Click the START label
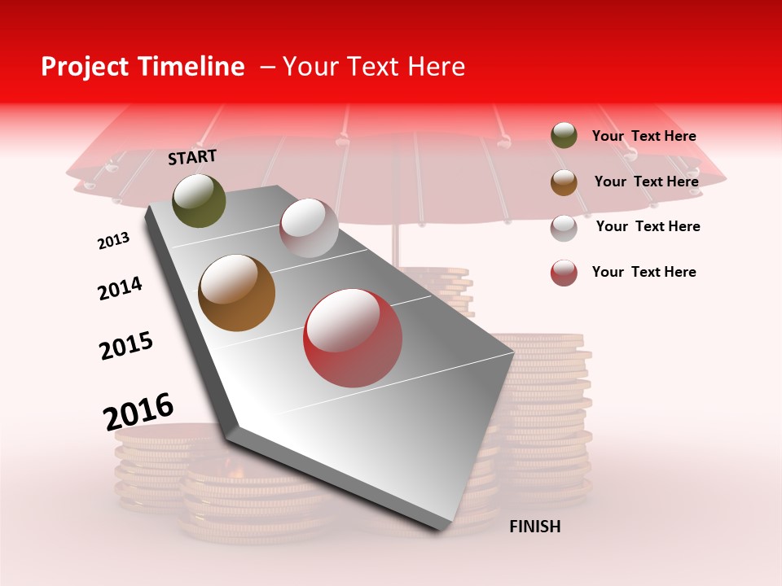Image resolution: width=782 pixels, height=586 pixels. (192, 157)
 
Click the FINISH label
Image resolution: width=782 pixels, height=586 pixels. (534, 527)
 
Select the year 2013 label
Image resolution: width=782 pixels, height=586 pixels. (113, 241)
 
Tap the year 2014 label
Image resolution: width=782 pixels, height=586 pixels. (120, 288)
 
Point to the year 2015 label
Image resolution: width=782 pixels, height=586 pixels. (126, 346)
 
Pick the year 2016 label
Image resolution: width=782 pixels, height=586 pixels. (138, 411)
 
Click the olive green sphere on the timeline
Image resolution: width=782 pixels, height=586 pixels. (199, 201)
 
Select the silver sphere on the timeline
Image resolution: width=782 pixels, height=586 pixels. (309, 228)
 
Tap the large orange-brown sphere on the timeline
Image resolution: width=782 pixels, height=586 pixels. (237, 293)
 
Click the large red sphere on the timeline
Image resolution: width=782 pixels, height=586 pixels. (353, 338)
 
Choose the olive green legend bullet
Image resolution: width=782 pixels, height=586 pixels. (564, 136)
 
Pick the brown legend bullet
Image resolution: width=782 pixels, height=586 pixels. (564, 182)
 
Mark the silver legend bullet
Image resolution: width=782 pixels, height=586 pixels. (564, 228)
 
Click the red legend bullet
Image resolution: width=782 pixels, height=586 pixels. (564, 273)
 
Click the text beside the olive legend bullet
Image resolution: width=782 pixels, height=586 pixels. (644, 137)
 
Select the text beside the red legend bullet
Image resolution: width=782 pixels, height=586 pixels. (644, 272)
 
